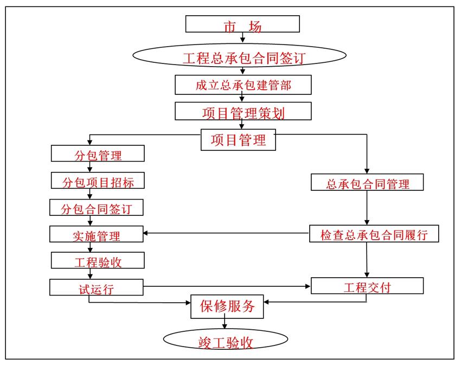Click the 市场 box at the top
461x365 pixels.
[x=242, y=24]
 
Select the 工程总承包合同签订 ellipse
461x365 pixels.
[x=239, y=57]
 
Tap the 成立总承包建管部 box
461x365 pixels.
[x=243, y=85]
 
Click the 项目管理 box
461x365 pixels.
[x=238, y=140]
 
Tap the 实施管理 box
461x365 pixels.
[x=97, y=235]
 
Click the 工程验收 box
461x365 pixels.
[x=98, y=261]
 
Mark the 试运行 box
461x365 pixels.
[x=97, y=287]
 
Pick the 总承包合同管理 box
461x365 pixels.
[x=367, y=183]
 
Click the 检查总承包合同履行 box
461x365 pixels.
[x=374, y=234]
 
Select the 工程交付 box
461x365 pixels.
[x=367, y=286]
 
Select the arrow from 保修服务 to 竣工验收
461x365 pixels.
[x=224, y=324]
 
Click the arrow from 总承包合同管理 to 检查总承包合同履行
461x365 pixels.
[x=368, y=208]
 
